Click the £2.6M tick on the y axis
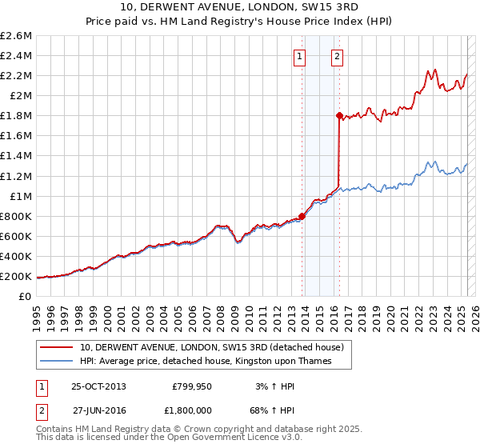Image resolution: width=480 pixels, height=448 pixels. point(17,36)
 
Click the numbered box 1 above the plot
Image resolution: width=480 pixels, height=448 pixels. point(299,56)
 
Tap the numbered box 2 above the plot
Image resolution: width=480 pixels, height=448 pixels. point(338,56)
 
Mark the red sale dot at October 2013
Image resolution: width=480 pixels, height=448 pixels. point(302,215)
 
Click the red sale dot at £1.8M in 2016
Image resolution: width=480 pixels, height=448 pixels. point(339,115)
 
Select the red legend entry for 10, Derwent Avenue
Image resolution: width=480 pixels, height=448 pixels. point(211,347)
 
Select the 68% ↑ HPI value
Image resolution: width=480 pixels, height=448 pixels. point(274,409)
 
